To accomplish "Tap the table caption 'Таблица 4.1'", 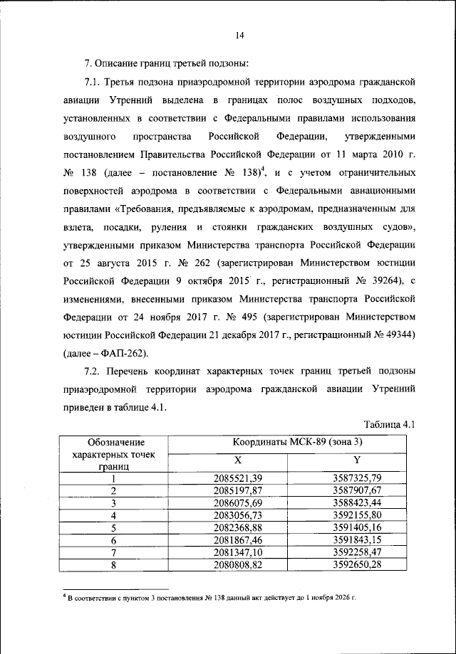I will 389,425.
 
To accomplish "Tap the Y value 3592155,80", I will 357,515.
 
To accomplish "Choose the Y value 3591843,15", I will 357,541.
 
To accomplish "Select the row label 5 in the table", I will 113,528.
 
